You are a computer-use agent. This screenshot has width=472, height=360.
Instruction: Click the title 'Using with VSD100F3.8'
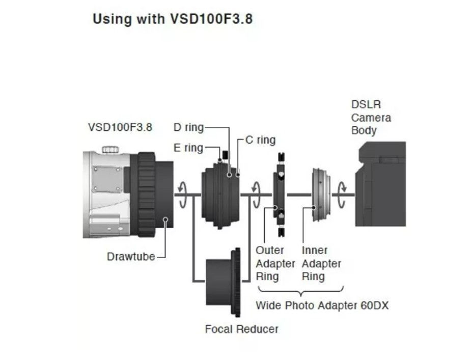[172, 19]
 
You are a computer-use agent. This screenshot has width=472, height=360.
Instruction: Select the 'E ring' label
[188, 148]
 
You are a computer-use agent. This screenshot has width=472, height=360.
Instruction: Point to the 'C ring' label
[260, 140]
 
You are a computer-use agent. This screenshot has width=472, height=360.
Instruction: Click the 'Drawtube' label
[130, 256]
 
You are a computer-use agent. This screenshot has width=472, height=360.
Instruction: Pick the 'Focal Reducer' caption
[241, 329]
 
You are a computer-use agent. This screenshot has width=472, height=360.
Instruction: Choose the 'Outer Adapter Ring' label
[275, 263]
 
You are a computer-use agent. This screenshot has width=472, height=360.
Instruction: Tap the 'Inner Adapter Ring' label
[321, 263]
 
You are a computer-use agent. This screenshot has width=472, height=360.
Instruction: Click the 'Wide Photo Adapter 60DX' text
[322, 306]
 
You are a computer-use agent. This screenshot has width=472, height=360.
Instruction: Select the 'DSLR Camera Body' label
[371, 118]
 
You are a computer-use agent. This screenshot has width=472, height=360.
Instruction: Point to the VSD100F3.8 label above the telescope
[120, 127]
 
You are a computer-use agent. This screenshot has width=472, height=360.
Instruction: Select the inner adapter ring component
[320, 194]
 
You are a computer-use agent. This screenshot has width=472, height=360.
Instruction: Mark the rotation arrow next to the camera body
[344, 194]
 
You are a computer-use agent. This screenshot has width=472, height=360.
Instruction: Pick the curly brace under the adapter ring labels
[300, 292]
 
